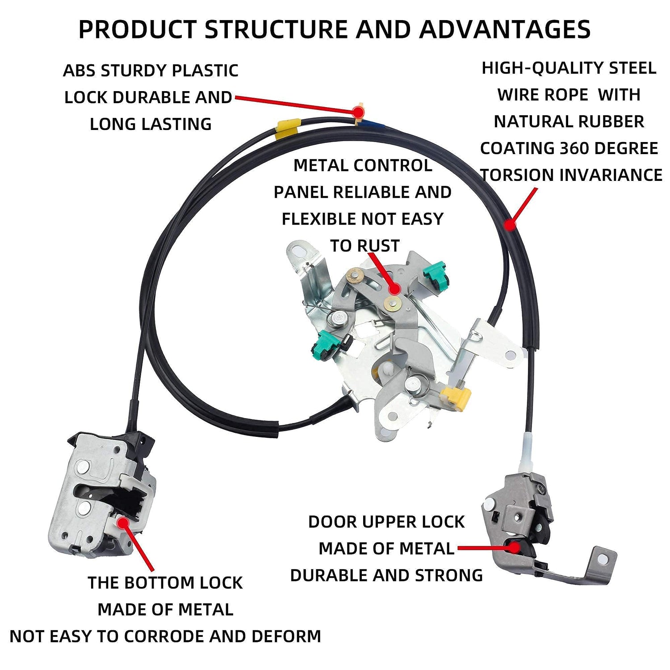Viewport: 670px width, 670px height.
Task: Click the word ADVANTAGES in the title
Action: pyautogui.click(x=505, y=30)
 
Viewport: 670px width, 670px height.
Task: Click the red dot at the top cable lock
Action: pyautogui.click(x=358, y=111)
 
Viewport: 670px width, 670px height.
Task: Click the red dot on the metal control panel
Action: pyautogui.click(x=394, y=289)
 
